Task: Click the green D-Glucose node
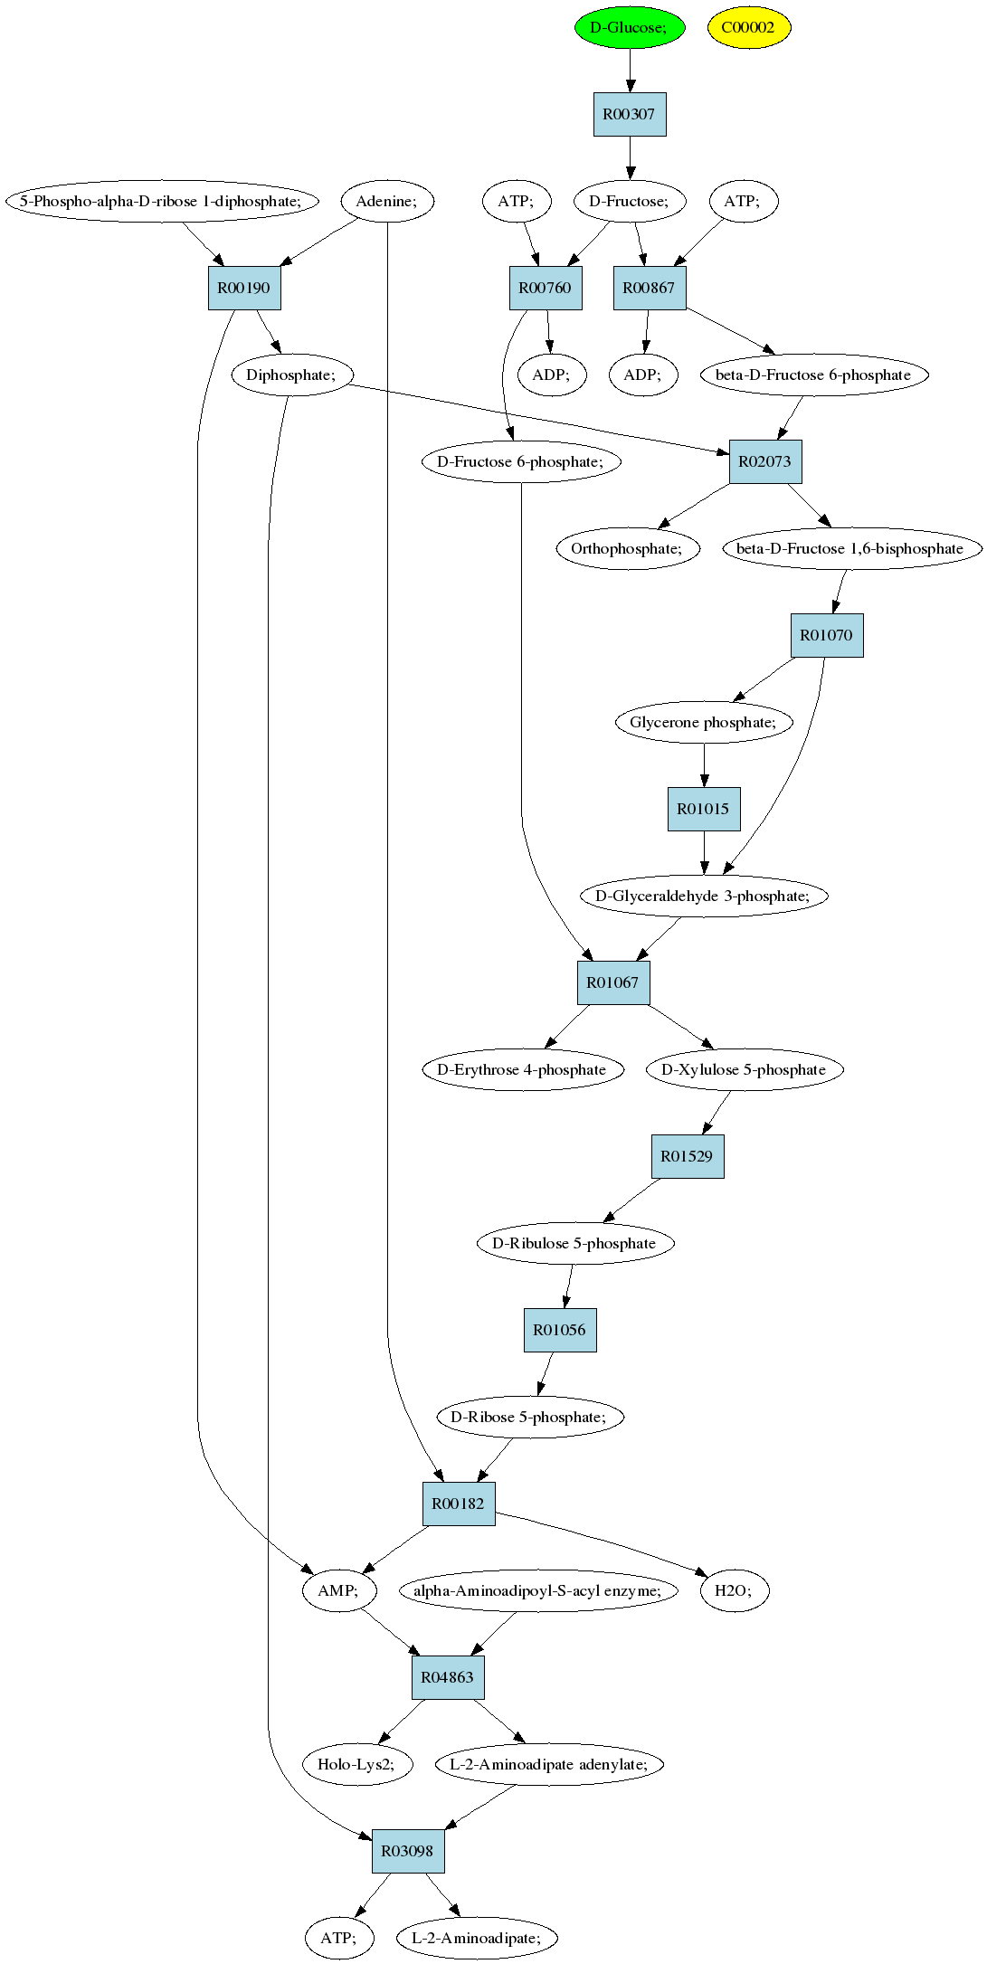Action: (x=630, y=27)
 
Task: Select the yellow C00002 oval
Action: (x=749, y=27)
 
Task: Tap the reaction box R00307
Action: (x=630, y=114)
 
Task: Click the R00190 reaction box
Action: (x=244, y=288)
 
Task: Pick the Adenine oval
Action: (x=387, y=201)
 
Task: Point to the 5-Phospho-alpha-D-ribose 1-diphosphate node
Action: (x=162, y=201)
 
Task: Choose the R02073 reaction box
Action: (x=765, y=461)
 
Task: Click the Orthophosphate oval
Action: (x=629, y=548)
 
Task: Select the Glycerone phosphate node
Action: (x=704, y=722)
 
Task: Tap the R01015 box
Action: (x=704, y=809)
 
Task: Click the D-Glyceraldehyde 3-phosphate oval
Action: (x=704, y=896)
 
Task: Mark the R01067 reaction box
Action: (x=613, y=982)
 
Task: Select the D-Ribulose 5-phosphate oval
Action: (x=574, y=1243)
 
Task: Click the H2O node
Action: (x=734, y=1590)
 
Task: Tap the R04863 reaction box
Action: (x=448, y=1677)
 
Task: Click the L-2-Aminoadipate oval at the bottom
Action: (x=477, y=1938)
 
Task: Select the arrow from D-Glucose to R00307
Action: (x=630, y=71)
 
